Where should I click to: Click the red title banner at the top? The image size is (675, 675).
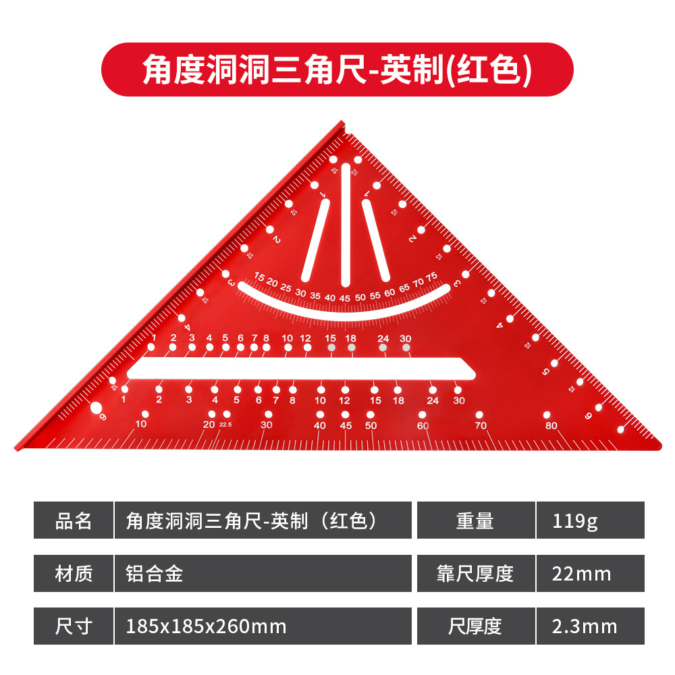337,69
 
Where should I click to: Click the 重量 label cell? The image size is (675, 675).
475,520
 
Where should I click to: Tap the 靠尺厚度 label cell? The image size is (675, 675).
475,574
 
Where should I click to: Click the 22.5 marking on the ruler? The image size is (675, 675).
225,424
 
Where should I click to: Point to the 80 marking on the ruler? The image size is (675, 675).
551,426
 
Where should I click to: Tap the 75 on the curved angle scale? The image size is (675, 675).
431,276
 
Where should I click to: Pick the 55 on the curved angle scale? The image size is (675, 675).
375,296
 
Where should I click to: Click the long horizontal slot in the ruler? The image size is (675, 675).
300,369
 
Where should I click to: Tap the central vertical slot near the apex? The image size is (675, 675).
346,223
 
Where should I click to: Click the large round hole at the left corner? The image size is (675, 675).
96,407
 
